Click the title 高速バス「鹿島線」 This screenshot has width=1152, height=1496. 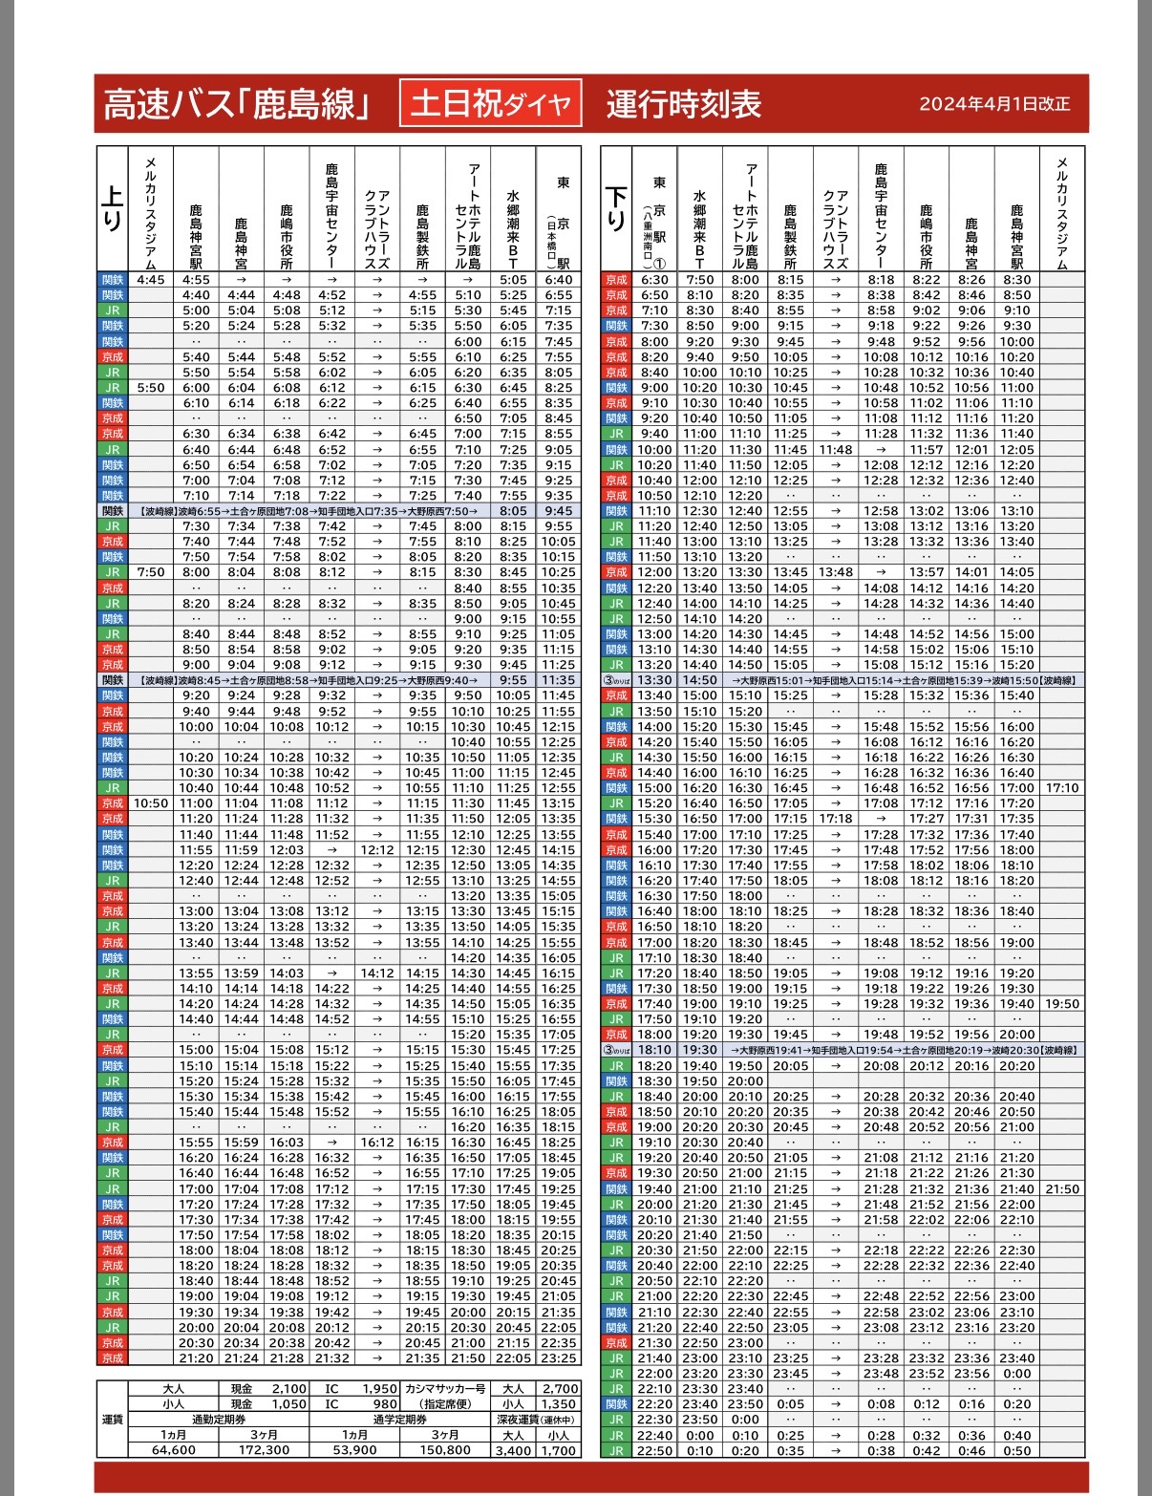tap(236, 103)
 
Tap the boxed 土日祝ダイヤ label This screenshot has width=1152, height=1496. tap(490, 103)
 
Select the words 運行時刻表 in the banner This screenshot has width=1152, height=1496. tap(683, 103)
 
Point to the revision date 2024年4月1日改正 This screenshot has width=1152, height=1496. tap(994, 104)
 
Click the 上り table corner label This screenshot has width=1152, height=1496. tap(112, 209)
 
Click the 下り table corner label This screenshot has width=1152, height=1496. tap(616, 209)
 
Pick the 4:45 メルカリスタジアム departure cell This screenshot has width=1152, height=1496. tap(151, 280)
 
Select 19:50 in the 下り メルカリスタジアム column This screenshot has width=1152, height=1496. tap(1062, 1004)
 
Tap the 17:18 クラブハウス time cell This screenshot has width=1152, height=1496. tap(836, 819)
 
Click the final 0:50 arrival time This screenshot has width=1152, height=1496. tap(1017, 1450)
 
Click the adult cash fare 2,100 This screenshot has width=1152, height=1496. tap(288, 1389)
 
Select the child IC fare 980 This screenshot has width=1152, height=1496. tap(385, 1404)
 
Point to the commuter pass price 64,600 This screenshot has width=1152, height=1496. tap(174, 1450)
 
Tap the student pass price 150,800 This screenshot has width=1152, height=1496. tap(445, 1450)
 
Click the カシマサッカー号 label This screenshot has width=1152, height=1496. tap(445, 1389)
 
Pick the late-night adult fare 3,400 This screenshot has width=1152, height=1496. tap(513, 1450)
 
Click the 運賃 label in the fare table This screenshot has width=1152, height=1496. tap(113, 1420)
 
